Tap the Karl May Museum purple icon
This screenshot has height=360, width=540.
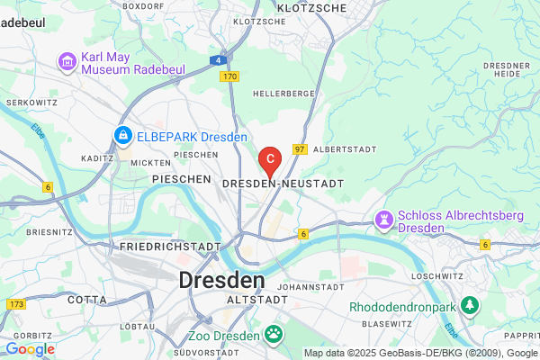(x=67, y=61)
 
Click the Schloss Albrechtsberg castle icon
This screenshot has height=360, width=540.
(x=385, y=220)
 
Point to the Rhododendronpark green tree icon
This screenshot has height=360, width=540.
(x=469, y=306)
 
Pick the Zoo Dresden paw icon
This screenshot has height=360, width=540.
(x=273, y=336)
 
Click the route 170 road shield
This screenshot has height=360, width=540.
(x=227, y=76)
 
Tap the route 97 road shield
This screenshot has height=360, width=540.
(x=300, y=148)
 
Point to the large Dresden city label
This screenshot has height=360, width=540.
(x=221, y=279)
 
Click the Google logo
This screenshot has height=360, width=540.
(x=30, y=348)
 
